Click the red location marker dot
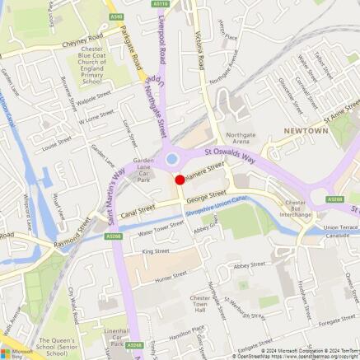(x=180, y=179)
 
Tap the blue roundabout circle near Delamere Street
(x=171, y=159)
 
